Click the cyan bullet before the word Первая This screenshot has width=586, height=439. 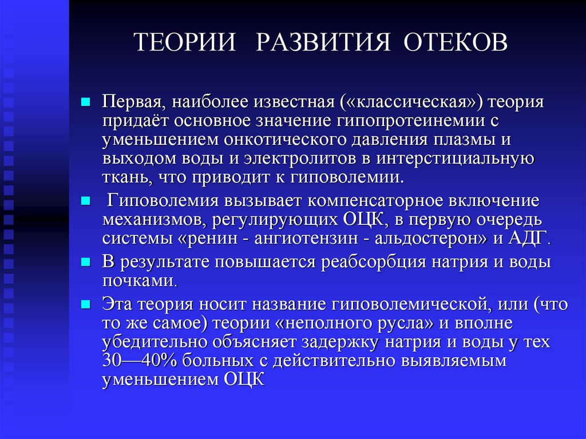(85, 102)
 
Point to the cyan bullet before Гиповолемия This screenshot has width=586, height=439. (85, 201)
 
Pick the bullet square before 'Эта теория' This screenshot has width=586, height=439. (85, 303)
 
